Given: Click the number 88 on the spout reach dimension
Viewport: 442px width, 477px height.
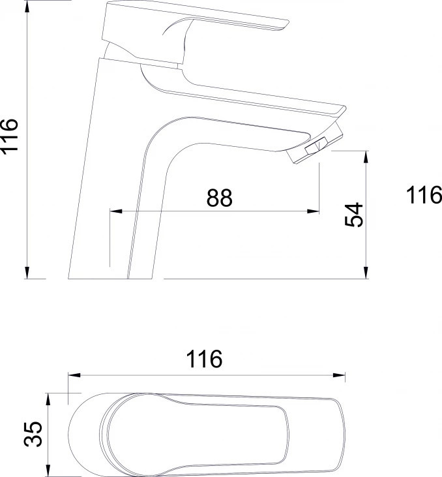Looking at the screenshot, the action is point(220,198).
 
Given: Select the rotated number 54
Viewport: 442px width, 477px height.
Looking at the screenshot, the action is point(354,215).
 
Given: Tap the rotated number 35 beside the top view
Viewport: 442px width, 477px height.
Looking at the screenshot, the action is point(33,434).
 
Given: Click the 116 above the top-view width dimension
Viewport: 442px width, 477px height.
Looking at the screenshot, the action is point(204,359).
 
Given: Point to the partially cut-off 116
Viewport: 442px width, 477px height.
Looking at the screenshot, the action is point(424,194).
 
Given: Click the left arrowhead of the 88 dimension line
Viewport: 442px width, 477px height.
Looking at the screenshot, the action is point(116,211).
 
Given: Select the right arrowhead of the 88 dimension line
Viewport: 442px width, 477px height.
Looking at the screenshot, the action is point(313,211).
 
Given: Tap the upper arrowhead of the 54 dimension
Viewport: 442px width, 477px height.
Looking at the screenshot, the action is point(366,157).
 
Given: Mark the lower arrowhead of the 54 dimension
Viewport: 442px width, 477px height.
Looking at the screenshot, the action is point(366,273).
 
